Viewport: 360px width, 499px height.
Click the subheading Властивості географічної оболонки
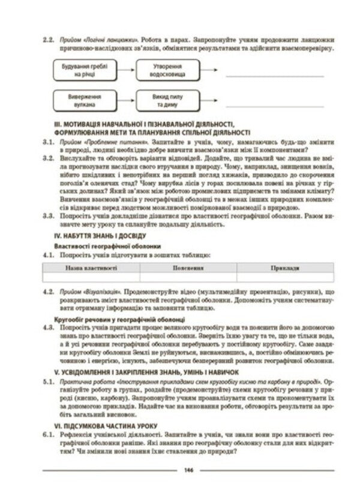click(99, 247)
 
